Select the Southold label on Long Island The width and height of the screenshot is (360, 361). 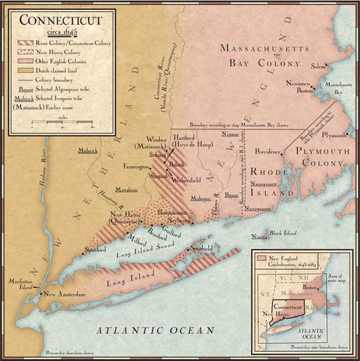204,247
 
